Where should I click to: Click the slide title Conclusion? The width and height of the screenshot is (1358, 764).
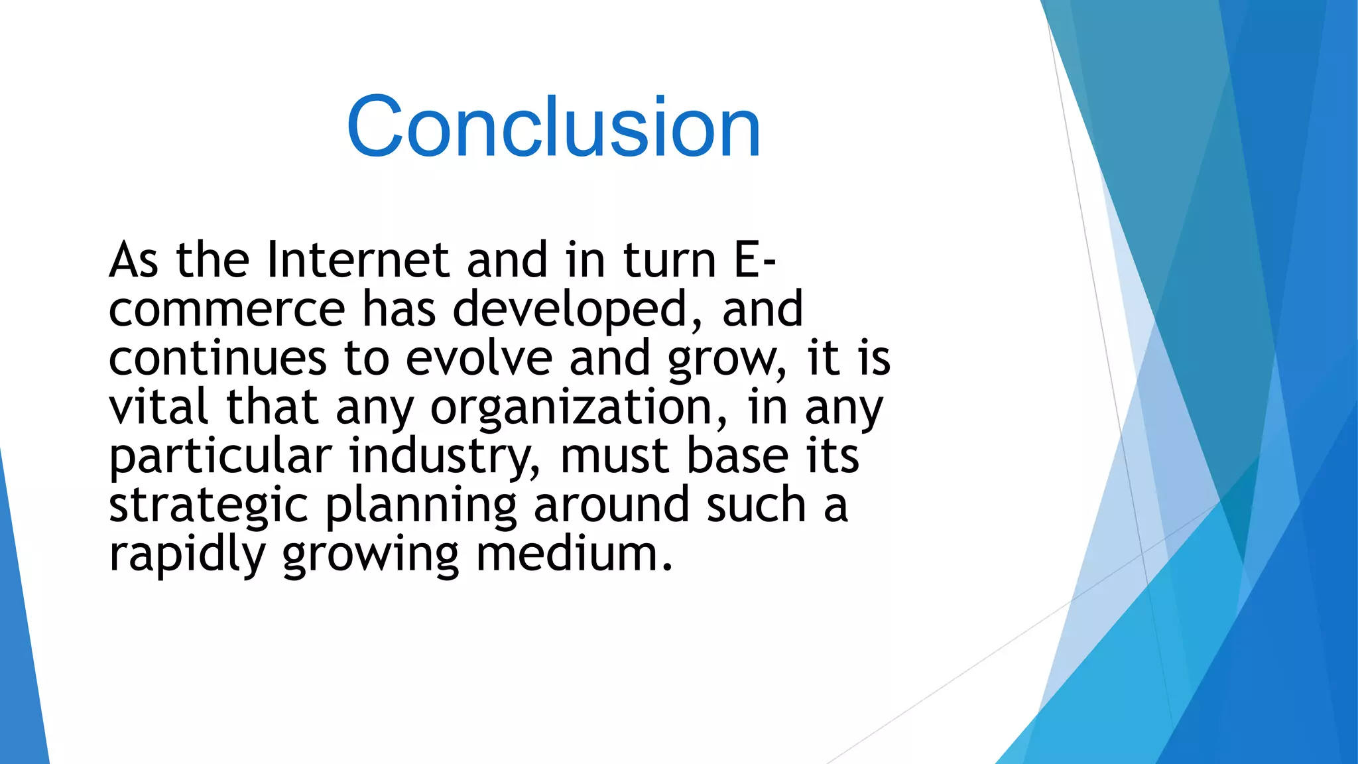(x=553, y=127)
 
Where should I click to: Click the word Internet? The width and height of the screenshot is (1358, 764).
(x=358, y=260)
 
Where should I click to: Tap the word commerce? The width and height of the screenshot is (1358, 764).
(x=227, y=309)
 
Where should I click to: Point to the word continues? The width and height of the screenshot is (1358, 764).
(x=217, y=358)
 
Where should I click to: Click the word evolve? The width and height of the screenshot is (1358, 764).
(x=479, y=358)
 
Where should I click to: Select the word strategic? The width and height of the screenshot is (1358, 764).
(x=208, y=505)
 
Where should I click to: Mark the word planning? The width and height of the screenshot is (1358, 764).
(x=420, y=505)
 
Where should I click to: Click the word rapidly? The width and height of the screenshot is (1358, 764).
(x=187, y=554)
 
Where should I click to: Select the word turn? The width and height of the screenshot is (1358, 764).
(x=670, y=260)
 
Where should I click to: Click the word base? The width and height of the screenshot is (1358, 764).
(x=737, y=456)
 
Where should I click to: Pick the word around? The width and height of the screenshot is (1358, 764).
(x=611, y=505)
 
